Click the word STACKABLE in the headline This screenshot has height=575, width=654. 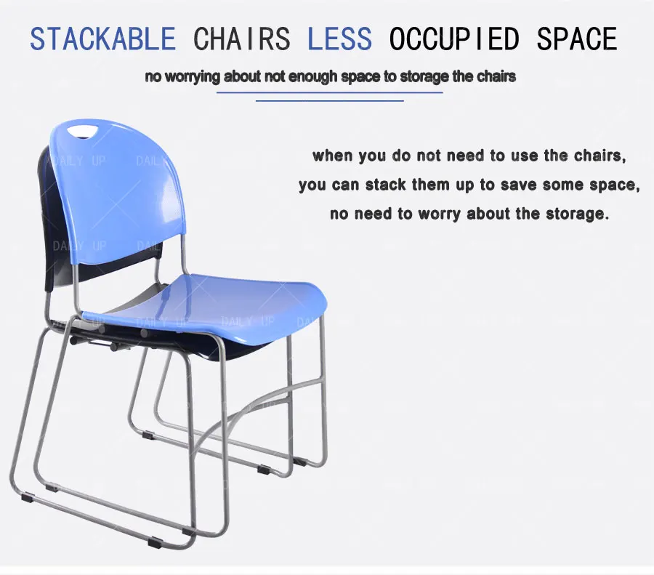click(x=102, y=39)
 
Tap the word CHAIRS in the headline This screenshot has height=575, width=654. click(x=241, y=39)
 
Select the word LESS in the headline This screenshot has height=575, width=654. click(x=339, y=39)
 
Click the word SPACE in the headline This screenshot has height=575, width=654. click(x=577, y=39)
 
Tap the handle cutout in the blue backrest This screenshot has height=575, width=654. click(x=81, y=131)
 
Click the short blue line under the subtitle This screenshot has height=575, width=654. click(x=329, y=101)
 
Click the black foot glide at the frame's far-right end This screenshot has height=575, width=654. click(x=299, y=461)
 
